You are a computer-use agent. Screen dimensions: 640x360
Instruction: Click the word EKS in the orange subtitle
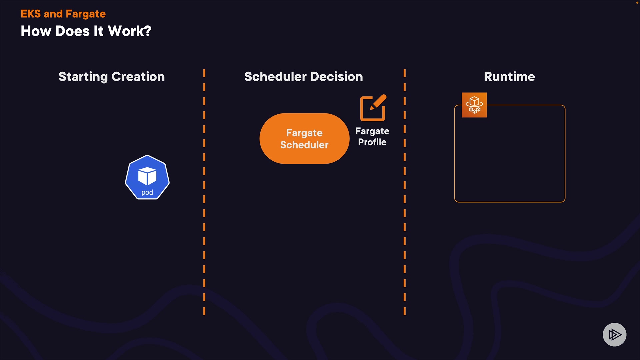pyautogui.click(x=30, y=14)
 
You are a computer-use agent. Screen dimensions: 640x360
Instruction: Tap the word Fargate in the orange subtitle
pyautogui.click(x=86, y=14)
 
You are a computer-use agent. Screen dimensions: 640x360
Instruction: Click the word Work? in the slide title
pyautogui.click(x=130, y=31)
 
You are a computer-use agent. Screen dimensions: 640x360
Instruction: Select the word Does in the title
pyautogui.click(x=73, y=31)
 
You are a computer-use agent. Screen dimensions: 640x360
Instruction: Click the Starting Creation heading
pyautogui.click(x=112, y=77)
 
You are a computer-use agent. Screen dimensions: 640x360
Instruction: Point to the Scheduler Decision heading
pyautogui.click(x=303, y=77)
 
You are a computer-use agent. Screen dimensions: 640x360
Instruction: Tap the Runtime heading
pyautogui.click(x=509, y=77)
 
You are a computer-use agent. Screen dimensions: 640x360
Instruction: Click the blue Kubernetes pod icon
pyautogui.click(x=147, y=177)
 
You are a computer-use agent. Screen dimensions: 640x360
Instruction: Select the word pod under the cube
pyautogui.click(x=147, y=192)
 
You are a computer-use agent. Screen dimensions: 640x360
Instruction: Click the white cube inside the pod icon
pyautogui.click(x=147, y=176)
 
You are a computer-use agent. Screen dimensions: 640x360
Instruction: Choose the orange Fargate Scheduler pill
pyautogui.click(x=304, y=139)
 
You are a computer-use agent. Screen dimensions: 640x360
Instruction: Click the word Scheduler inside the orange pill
pyautogui.click(x=304, y=145)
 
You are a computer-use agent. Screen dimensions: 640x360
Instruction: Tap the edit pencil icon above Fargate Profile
pyautogui.click(x=373, y=108)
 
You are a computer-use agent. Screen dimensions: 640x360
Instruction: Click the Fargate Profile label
pyautogui.click(x=372, y=137)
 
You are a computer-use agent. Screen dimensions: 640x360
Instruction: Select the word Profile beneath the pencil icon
pyautogui.click(x=372, y=142)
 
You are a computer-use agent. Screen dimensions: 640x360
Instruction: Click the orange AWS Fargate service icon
pyautogui.click(x=474, y=105)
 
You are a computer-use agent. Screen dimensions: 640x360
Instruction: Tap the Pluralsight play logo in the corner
pyautogui.click(x=614, y=334)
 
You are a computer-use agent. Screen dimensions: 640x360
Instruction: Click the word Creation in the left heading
pyautogui.click(x=138, y=77)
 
